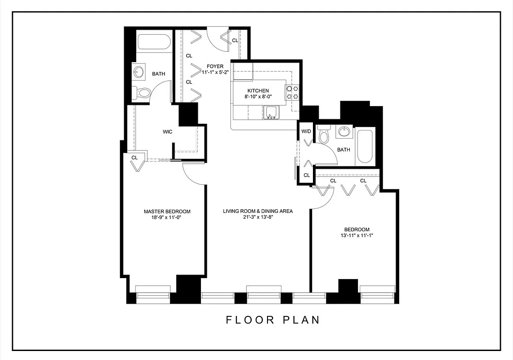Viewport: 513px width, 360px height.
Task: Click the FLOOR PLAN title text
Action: [273, 320]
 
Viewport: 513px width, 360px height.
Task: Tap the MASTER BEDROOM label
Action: [167, 211]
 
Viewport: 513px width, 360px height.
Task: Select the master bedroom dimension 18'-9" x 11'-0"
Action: [167, 217]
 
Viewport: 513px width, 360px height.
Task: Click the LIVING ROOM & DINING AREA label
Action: [258, 211]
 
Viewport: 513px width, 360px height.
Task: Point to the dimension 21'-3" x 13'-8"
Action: [258, 217]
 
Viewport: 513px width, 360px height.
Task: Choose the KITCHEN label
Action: [258, 90]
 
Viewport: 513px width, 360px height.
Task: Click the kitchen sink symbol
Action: [271, 112]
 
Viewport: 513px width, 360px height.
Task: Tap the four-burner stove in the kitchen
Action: [292, 92]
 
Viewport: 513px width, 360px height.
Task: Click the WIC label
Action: [168, 132]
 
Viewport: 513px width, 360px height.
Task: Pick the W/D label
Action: [306, 131]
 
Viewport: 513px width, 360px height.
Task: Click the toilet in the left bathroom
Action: [143, 93]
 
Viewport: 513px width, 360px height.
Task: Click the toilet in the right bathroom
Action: [323, 135]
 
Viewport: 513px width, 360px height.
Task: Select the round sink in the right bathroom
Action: [344, 132]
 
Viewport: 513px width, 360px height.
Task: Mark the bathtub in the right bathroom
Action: [364, 147]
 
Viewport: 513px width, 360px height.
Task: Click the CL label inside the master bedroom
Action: [134, 158]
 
